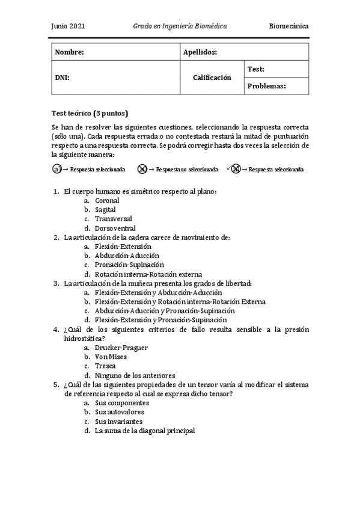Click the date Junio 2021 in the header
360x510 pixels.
pyautogui.click(x=68, y=27)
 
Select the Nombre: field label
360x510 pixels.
pyautogui.click(x=69, y=52)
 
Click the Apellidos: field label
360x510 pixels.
pyautogui.click(x=200, y=52)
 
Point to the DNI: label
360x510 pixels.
pyautogui.click(x=62, y=78)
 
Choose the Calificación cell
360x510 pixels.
pyautogui.click(x=212, y=78)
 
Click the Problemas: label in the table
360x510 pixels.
pyautogui.click(x=266, y=86)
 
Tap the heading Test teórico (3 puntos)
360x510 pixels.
pyautogui.click(x=90, y=113)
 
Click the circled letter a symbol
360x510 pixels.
pyautogui.click(x=56, y=170)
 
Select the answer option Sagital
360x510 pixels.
pyautogui.click(x=105, y=209)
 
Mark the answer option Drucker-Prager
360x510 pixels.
pyautogui.click(x=121, y=348)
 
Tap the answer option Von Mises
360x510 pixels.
pyautogui.click(x=110, y=357)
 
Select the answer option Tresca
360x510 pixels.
pyautogui.click(x=105, y=366)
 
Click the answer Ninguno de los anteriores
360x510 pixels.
pyautogui.click(x=133, y=375)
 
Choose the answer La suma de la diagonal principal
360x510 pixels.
pyautogui.click(x=144, y=431)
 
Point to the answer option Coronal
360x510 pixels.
pyautogui.click(x=107, y=200)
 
